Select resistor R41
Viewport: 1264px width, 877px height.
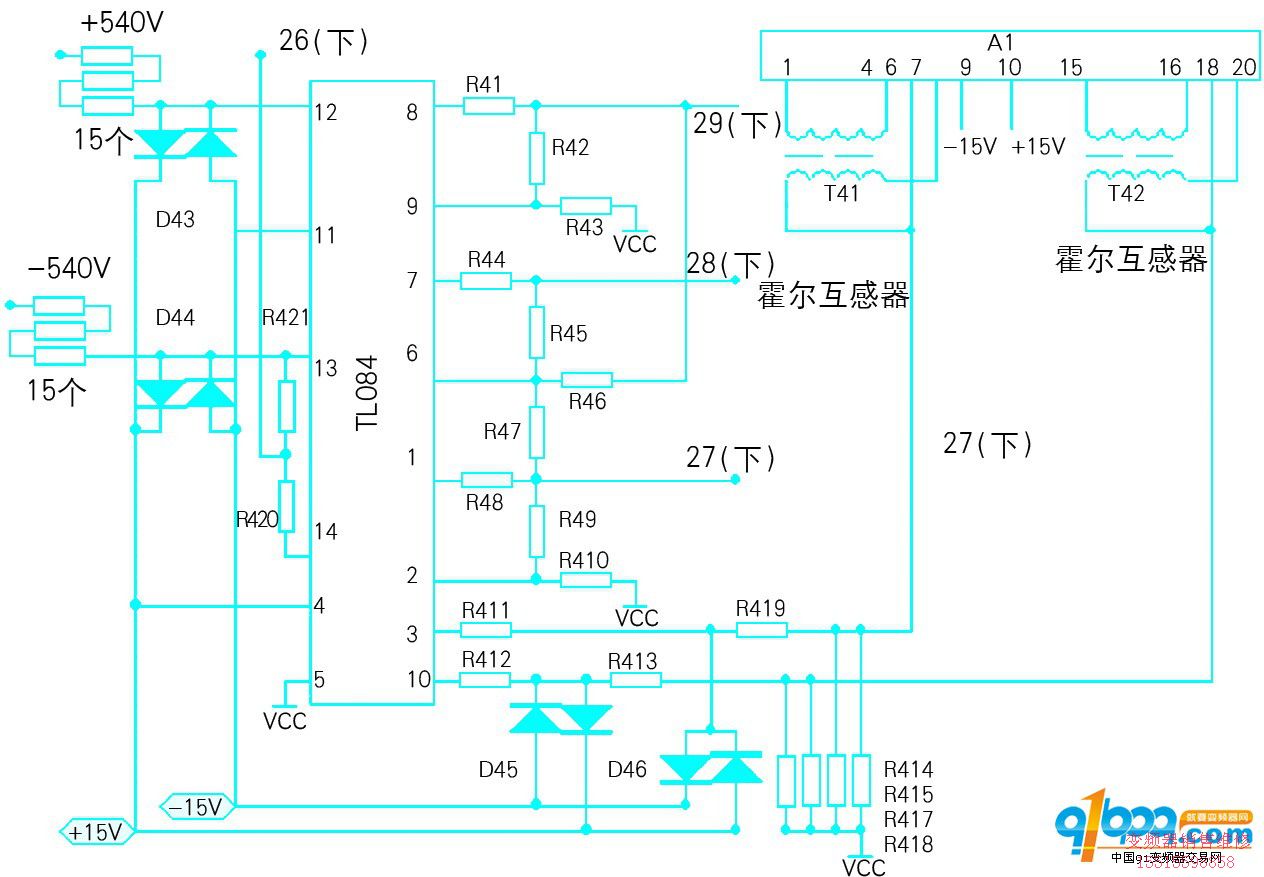488,106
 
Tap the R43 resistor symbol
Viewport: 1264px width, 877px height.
586,206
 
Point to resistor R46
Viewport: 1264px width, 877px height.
587,380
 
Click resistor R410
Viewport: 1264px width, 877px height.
586,580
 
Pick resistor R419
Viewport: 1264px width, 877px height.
761,630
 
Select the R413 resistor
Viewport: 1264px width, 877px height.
635,681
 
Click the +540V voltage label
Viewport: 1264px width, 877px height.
121,22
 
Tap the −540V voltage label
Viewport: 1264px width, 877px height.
68,268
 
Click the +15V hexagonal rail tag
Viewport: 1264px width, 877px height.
96,832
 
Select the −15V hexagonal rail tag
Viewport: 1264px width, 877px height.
197,806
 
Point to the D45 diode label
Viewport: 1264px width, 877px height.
498,770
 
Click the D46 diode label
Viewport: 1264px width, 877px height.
627,770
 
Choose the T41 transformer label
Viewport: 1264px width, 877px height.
841,193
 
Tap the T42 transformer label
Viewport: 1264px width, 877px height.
1126,193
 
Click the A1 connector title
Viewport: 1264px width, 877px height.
1001,43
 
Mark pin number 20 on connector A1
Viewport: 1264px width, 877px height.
1244,68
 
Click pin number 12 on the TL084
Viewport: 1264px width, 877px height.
325,112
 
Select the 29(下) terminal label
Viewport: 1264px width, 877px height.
738,125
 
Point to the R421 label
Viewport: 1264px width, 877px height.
286,318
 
